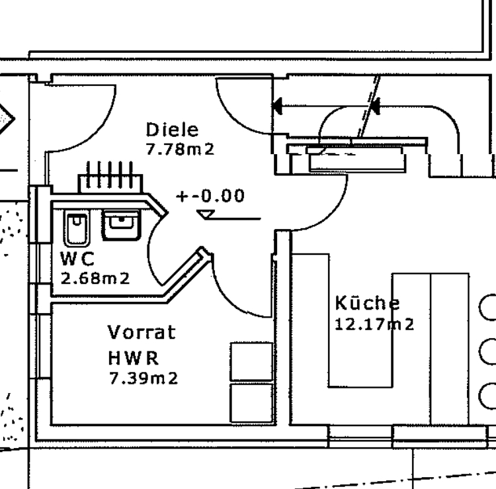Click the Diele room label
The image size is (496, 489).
point(172,130)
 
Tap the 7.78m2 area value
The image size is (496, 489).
point(180,150)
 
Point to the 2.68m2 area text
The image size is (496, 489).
point(95,279)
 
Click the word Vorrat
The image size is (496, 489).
point(142,332)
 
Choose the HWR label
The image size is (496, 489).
point(134,359)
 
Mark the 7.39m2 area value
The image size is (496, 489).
point(144,378)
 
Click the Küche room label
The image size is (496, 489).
point(367,304)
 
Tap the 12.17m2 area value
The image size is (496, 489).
point(375,325)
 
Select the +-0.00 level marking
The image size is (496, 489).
point(210,197)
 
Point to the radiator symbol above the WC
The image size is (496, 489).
point(110,177)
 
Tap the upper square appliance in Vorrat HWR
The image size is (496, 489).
point(251,361)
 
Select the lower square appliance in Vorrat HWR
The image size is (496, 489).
point(251,402)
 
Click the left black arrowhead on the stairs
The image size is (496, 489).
point(277,104)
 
